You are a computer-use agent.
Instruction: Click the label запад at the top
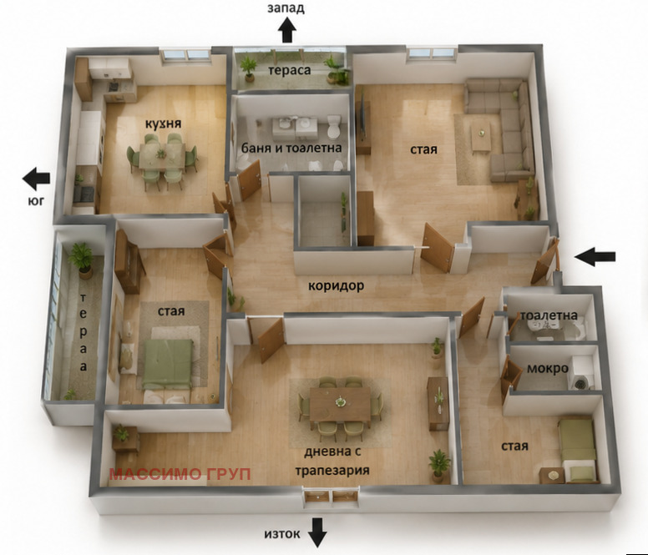pyautogui.click(x=286, y=8)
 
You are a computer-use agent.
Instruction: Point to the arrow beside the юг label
pyautogui.click(x=36, y=179)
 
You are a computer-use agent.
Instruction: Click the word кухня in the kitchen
pyautogui.click(x=163, y=124)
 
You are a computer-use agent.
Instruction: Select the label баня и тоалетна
pyautogui.click(x=291, y=148)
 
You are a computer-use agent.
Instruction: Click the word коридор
pyautogui.click(x=336, y=285)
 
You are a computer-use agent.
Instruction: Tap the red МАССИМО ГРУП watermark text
pyautogui.click(x=180, y=474)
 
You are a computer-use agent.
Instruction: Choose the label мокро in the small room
pyautogui.click(x=548, y=368)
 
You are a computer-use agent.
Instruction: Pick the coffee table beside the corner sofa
pyautogui.click(x=481, y=137)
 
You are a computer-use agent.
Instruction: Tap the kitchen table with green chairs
pyautogui.click(x=162, y=156)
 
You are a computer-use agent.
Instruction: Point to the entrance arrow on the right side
pyautogui.click(x=595, y=256)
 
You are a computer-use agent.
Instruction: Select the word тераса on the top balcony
pyautogui.click(x=290, y=70)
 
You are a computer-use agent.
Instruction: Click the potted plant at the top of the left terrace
pyautogui.click(x=81, y=260)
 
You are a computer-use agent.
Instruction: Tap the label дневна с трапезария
pyautogui.click(x=332, y=461)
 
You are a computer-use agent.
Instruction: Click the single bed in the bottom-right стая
pyautogui.click(x=578, y=450)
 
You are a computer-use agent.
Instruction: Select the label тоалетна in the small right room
pyautogui.click(x=549, y=315)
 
